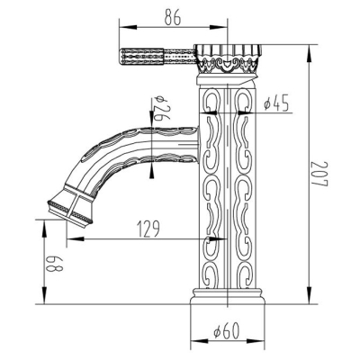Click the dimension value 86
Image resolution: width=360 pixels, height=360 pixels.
[x=173, y=18]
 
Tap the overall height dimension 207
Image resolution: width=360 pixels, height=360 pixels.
[x=319, y=175]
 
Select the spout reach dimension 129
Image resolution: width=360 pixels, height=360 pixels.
[x=148, y=229]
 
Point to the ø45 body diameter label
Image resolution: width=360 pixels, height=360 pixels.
[x=276, y=103]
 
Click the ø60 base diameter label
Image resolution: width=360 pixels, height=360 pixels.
[x=227, y=330]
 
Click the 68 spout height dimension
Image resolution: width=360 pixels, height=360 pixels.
[x=55, y=264]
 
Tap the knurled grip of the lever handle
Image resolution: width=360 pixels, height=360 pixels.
[x=142, y=57]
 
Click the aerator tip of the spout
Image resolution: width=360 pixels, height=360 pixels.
[x=71, y=211]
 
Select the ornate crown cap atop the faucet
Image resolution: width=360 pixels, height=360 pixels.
[x=228, y=58]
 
